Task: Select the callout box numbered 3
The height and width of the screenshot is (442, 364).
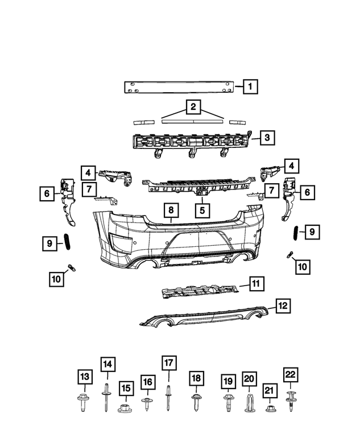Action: (x=268, y=137)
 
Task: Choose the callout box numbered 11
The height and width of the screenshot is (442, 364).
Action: (x=257, y=282)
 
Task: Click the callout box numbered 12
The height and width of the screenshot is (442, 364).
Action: (x=283, y=307)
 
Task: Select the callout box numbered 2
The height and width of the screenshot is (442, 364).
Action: (x=193, y=106)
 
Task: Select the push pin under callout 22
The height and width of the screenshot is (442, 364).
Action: (x=291, y=401)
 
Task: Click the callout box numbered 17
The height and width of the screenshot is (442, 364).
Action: (x=168, y=363)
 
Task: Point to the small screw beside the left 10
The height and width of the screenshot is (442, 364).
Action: (x=73, y=268)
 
